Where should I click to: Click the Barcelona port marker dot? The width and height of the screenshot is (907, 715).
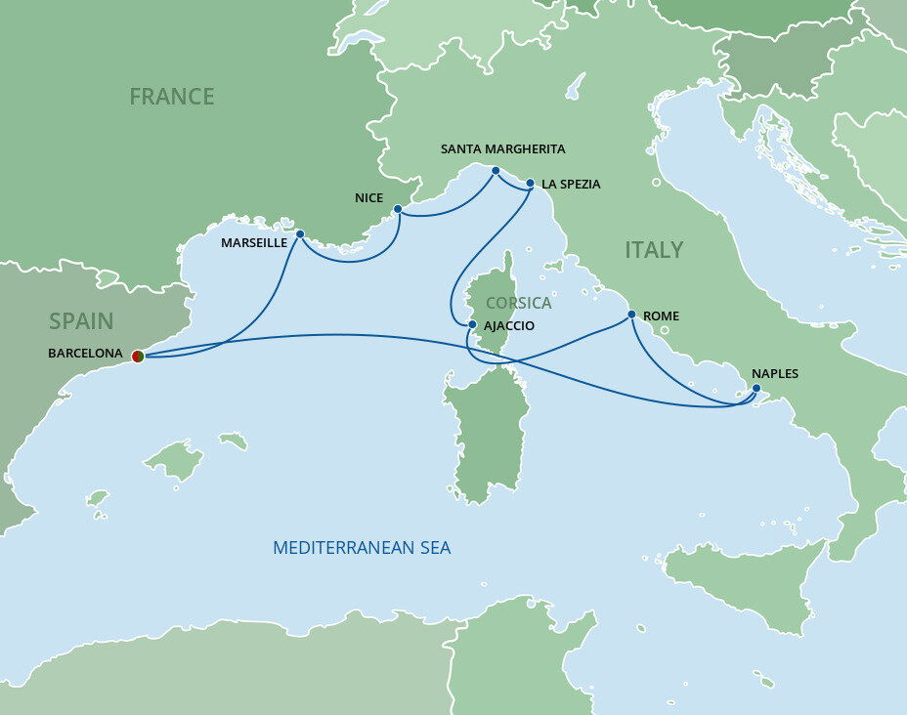(x=138, y=357)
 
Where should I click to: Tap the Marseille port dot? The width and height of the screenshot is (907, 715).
(x=300, y=234)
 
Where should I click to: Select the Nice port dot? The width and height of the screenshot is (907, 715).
(x=397, y=209)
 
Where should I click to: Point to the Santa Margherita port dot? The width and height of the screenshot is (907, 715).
(x=496, y=171)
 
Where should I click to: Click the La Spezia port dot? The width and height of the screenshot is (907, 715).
(x=530, y=183)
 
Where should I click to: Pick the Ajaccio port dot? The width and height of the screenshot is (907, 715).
(x=471, y=324)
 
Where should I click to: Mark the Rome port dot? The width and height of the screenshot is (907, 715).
(x=631, y=315)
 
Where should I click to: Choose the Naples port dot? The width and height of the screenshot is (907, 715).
(x=756, y=390)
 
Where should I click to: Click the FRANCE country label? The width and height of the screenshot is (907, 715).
(x=172, y=97)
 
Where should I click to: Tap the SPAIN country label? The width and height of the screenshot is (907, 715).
(x=81, y=320)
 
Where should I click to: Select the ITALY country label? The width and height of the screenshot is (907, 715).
(x=654, y=250)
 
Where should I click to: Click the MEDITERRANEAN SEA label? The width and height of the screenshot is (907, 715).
(x=362, y=548)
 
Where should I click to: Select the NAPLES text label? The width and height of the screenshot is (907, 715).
(x=775, y=373)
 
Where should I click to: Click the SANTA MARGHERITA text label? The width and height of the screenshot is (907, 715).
(x=503, y=149)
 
